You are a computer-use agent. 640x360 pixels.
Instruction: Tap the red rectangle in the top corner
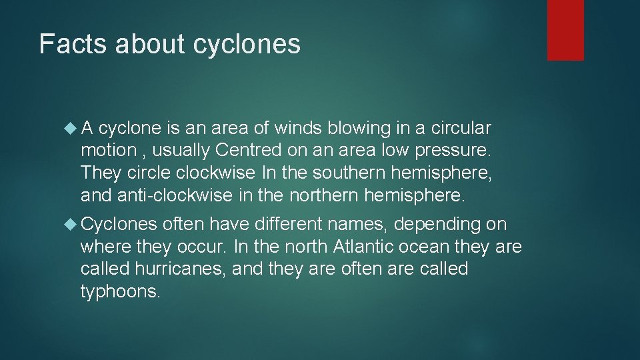(x=565, y=30)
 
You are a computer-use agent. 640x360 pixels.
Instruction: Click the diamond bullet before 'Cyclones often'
(x=71, y=224)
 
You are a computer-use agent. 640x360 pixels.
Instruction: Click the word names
(x=354, y=224)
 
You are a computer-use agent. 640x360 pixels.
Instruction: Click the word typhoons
(x=120, y=293)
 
